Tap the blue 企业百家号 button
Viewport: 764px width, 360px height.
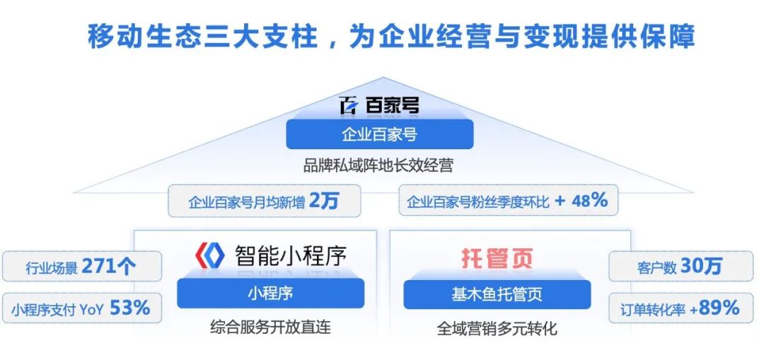click(x=380, y=134)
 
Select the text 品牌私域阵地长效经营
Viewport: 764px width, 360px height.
click(x=378, y=166)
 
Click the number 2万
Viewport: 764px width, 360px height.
click(x=323, y=201)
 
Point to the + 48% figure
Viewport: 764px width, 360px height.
click(x=581, y=200)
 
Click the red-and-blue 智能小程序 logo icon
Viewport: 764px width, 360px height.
click(x=210, y=255)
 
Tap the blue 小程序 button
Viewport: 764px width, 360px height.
click(x=270, y=294)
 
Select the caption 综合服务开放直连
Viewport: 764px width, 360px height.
click(x=270, y=326)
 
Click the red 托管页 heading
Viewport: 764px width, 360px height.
click(x=497, y=258)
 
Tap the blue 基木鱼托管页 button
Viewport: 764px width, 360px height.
click(x=497, y=294)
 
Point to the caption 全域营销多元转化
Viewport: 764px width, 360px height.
click(x=497, y=328)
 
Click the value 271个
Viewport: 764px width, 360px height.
click(x=109, y=267)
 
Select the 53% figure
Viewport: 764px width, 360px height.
click(x=129, y=308)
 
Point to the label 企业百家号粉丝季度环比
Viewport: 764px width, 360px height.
click(x=478, y=202)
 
